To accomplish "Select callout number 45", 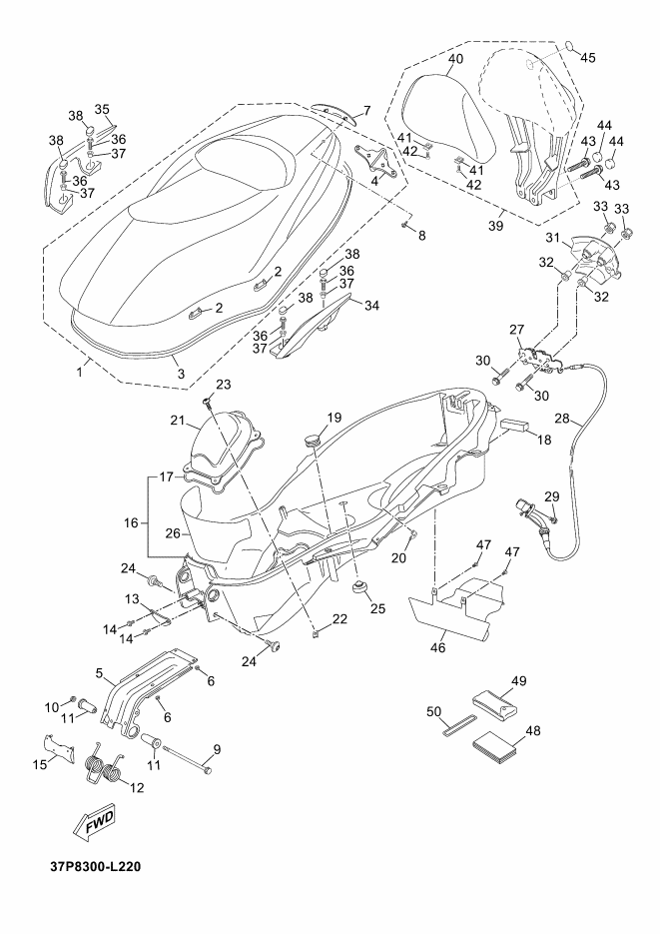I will tap(587, 57).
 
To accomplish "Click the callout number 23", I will tap(223, 385).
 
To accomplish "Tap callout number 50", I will tap(434, 712).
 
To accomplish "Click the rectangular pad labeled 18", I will tap(512, 425).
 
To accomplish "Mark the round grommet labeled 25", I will tap(358, 584).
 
